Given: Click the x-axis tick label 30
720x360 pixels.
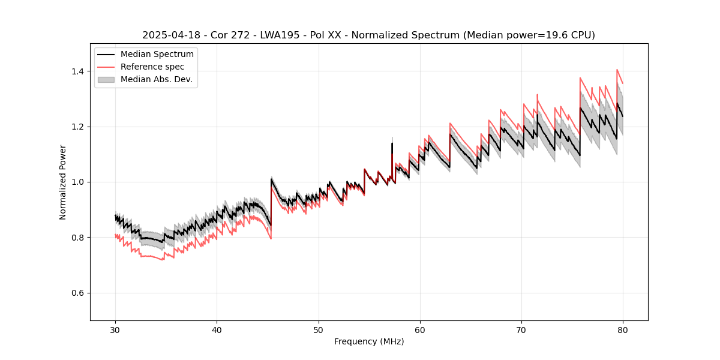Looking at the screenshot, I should [116, 330].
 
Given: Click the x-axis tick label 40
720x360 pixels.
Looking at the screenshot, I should [217, 330].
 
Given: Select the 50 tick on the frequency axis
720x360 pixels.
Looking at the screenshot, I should [319, 330].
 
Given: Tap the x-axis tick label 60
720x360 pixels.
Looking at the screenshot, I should [420, 330].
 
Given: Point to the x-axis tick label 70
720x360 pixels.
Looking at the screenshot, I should [521, 330].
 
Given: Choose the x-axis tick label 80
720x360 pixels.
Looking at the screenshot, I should [623, 330].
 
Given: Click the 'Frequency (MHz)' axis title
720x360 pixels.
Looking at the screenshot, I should [369, 341].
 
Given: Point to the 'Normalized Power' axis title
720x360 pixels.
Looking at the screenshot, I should [63, 182].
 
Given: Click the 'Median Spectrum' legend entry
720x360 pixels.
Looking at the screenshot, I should [157, 55].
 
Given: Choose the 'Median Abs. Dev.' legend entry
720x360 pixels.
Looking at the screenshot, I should [156, 79].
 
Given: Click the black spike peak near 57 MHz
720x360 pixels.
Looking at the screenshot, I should [392, 143].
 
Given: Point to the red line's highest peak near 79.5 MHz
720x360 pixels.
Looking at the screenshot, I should [617, 70].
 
